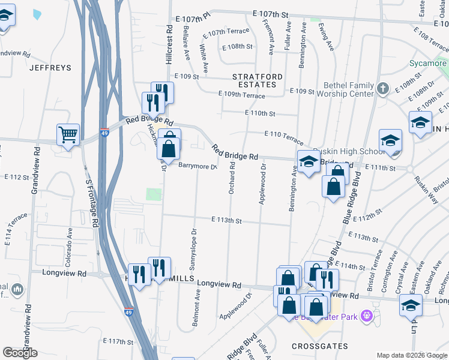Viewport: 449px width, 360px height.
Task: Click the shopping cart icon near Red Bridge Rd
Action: point(68,135)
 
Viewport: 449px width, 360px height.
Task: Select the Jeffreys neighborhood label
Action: point(50,68)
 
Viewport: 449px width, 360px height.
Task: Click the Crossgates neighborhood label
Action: point(316,346)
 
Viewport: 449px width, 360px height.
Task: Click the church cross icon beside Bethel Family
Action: point(384,89)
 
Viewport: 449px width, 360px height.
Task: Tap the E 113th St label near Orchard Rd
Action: point(226,221)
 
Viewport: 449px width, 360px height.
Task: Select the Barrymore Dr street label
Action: point(196,166)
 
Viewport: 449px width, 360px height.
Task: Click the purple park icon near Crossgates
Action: point(367,315)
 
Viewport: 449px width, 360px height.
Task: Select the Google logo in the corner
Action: point(20,353)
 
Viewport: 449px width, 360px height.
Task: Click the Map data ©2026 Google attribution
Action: point(411,355)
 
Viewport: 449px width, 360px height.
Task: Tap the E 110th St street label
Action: point(260,113)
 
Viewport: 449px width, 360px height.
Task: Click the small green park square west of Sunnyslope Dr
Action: point(154,194)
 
